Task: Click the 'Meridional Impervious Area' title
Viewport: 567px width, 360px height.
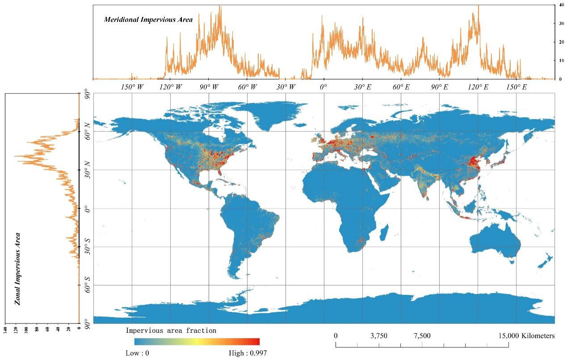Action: point(148,20)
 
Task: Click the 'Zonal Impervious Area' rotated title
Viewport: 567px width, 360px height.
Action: point(18,268)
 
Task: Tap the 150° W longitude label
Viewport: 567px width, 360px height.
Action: point(132,87)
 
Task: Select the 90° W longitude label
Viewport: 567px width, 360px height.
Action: point(209,87)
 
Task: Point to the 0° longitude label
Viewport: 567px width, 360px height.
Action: point(324,87)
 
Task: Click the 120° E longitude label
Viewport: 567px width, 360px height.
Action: point(478,87)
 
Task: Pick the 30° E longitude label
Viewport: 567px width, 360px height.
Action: point(362,87)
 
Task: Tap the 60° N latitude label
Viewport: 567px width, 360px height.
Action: point(88,131)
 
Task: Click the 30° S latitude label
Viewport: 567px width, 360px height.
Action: point(88,247)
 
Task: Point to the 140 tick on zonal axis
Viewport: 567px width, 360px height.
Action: point(5,330)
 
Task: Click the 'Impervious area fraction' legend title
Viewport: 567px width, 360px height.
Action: point(171,331)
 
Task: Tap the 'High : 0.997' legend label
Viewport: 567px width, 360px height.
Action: point(248,353)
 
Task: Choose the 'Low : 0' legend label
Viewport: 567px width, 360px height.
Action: point(137,353)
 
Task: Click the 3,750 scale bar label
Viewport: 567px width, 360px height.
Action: point(379,336)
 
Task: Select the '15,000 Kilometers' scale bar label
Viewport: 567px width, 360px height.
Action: point(526,336)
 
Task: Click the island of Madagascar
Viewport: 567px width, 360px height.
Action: point(384,233)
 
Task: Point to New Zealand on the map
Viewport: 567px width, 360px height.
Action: point(546,260)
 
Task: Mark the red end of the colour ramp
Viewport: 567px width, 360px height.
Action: point(256,342)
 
